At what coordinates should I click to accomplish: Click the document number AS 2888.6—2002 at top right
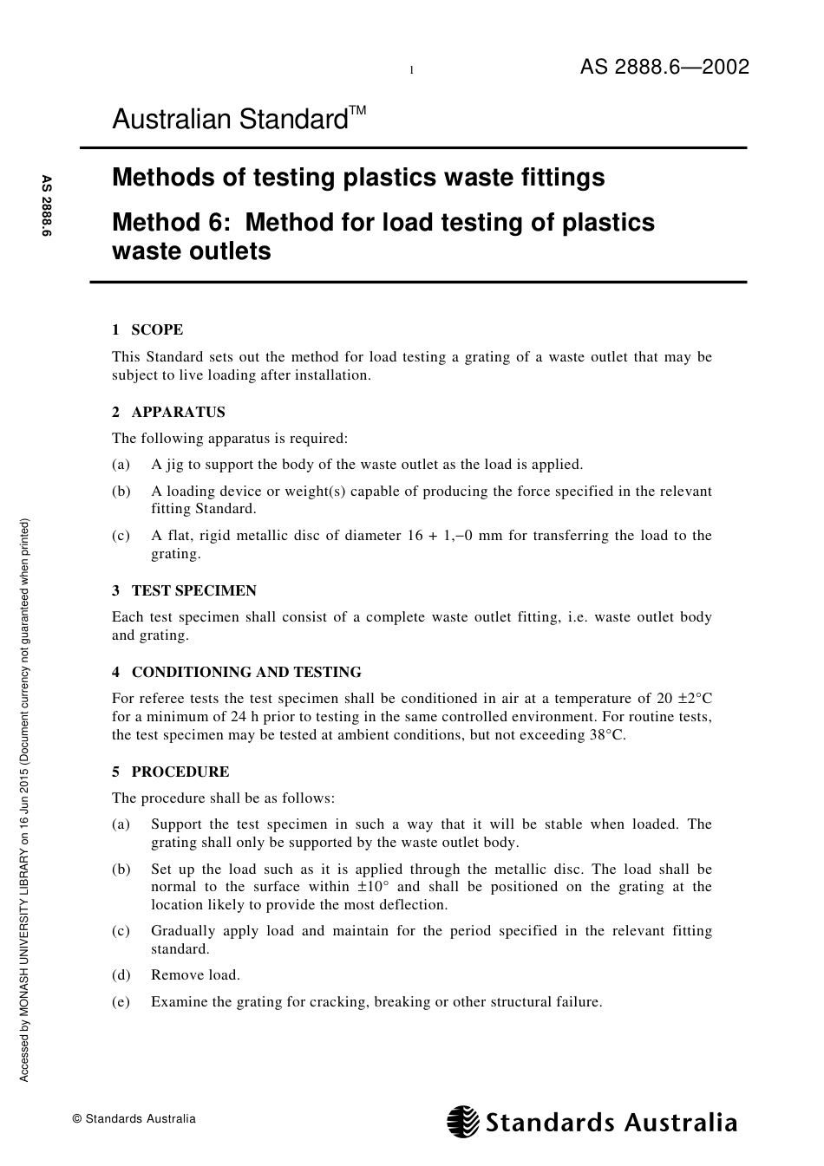[x=664, y=68]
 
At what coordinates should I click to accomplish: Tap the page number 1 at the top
[x=411, y=70]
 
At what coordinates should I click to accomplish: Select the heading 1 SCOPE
[x=147, y=329]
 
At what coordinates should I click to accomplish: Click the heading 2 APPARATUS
[x=168, y=412]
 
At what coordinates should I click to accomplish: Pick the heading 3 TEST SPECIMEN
[x=184, y=590]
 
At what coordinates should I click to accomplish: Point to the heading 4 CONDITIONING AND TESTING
[x=236, y=672]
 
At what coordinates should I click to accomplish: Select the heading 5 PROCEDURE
[x=170, y=772]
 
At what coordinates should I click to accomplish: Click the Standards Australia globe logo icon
[x=463, y=1122]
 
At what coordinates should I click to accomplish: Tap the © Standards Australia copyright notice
[x=134, y=1119]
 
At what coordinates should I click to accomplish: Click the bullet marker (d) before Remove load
[x=121, y=975]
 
